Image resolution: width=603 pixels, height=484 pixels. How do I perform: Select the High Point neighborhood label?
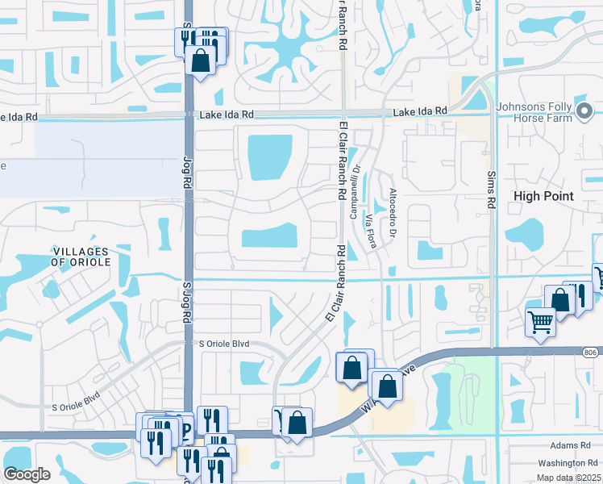tap(543, 196)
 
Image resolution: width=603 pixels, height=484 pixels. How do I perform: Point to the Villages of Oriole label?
tap(80, 257)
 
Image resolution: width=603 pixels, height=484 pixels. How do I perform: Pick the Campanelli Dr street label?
tap(354, 195)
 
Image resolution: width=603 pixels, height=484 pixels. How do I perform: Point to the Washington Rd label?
tap(564, 462)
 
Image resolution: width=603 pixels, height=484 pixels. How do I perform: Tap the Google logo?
tap(27, 474)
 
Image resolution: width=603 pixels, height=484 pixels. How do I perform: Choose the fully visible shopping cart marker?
tap(541, 321)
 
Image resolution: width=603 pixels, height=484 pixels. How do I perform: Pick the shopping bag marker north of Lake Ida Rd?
tap(199, 59)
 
